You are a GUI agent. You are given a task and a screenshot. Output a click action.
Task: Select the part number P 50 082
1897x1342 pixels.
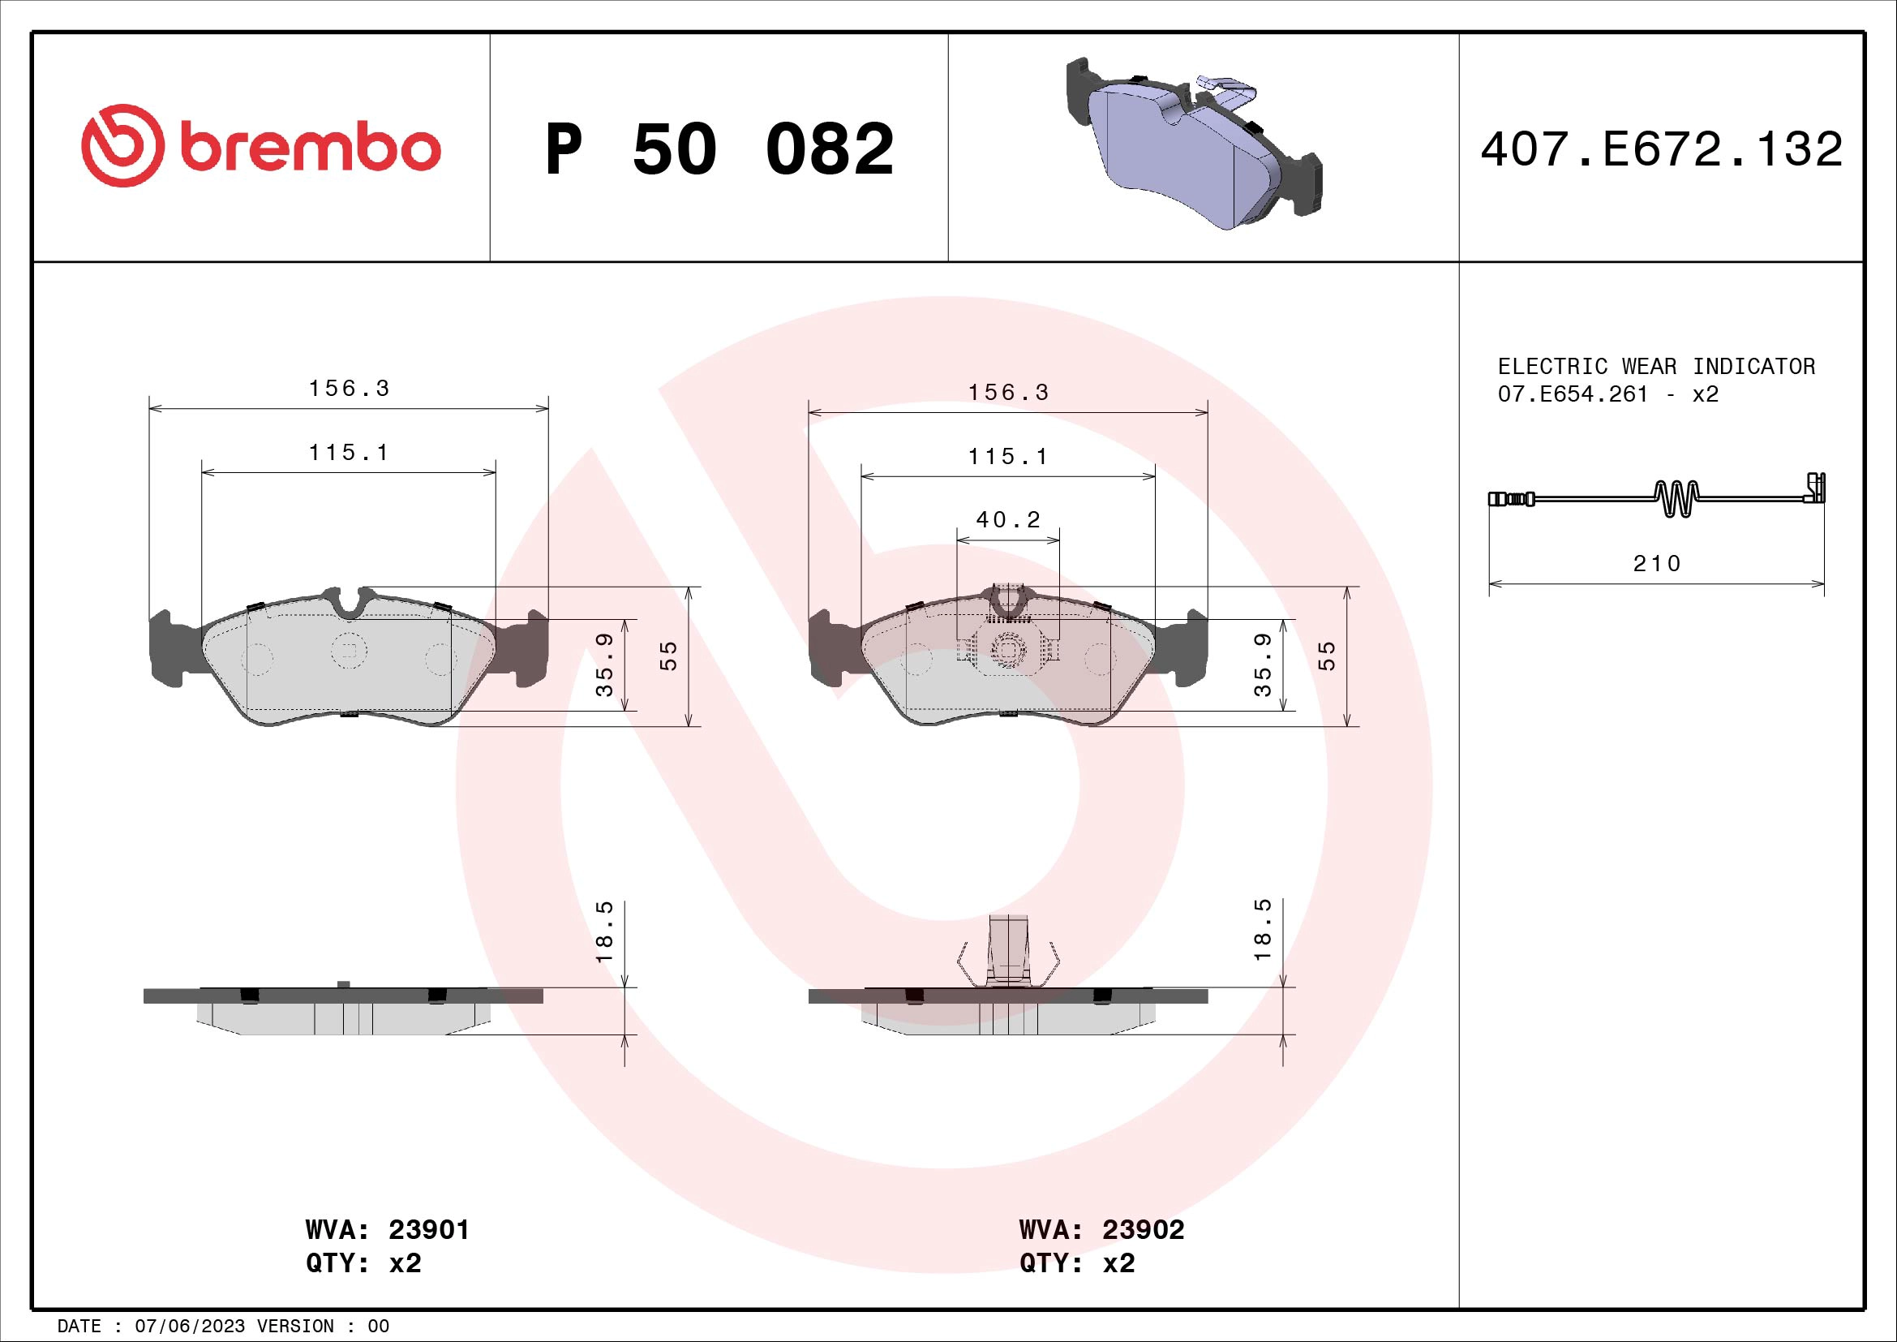719,149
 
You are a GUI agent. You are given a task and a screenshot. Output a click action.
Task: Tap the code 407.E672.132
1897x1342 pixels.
1662,149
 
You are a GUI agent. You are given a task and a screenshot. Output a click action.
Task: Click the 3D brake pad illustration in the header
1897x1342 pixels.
1194,144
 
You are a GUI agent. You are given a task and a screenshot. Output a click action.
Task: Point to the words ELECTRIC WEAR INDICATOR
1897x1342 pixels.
1657,366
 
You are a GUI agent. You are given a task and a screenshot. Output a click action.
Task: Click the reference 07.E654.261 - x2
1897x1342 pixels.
1607,394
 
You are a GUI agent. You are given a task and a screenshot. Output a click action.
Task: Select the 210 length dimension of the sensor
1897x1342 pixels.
1657,564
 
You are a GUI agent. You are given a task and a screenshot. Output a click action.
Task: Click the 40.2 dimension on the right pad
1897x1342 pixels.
1008,520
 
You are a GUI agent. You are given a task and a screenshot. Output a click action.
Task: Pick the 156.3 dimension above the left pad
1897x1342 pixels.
349,389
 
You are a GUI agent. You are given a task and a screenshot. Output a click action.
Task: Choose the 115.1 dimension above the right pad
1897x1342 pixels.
1008,456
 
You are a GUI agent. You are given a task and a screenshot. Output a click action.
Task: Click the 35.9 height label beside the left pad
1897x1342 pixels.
605,665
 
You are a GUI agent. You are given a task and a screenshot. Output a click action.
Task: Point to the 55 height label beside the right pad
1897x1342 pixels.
1326,656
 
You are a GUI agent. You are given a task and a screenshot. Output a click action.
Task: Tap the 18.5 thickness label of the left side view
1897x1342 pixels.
605,931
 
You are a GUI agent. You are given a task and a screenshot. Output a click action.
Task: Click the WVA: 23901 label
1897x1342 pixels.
387,1229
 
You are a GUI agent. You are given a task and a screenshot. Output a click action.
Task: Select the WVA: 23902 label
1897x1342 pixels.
1101,1229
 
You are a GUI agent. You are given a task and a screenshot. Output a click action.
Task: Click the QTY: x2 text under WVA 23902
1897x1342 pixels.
1077,1263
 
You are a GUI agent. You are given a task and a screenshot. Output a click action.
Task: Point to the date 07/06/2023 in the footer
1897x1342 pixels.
189,1327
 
